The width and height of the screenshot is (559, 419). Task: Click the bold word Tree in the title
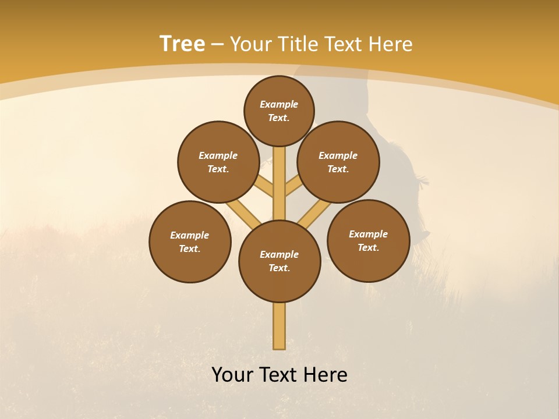(x=182, y=44)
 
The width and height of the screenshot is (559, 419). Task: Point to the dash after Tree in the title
(x=218, y=45)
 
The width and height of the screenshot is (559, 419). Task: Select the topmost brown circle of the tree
(x=279, y=111)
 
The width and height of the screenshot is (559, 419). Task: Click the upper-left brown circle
(x=218, y=162)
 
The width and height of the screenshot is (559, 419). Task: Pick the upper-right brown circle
(x=338, y=162)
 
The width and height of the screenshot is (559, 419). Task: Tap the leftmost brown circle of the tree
(x=190, y=242)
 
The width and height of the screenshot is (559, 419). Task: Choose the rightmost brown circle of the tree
(x=368, y=240)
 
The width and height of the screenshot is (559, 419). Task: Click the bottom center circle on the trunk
(x=279, y=261)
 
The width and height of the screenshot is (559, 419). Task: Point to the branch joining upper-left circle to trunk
(x=264, y=187)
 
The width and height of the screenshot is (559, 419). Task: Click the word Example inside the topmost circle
(x=279, y=104)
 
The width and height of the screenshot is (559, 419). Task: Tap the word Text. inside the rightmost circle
(x=368, y=247)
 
